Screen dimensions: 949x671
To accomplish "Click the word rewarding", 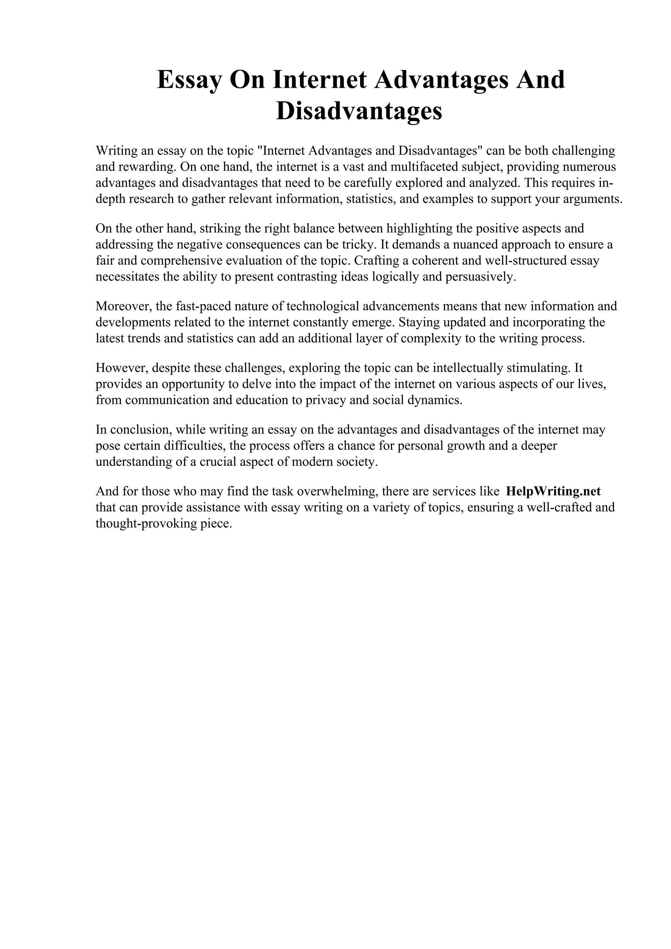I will [x=144, y=167].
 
